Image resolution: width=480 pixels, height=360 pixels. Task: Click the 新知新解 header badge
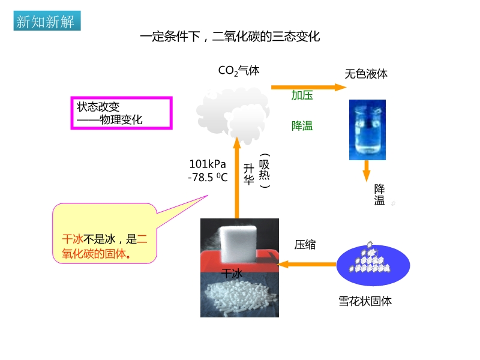[46, 22]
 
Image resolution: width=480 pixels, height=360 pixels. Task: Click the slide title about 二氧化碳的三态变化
[230, 37]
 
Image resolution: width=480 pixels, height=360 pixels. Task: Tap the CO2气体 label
[239, 71]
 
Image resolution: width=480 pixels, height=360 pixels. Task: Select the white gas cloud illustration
[233, 111]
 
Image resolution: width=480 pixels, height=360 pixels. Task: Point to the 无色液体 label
[366, 74]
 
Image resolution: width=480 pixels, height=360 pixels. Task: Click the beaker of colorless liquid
[367, 130]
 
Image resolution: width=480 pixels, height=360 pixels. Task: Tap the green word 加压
[302, 95]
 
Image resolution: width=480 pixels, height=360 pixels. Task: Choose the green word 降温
[302, 126]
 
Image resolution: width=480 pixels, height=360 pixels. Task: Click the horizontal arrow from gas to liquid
[308, 87]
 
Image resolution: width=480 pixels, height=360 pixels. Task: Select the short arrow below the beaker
[366, 171]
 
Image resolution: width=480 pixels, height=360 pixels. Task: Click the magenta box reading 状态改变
[122, 113]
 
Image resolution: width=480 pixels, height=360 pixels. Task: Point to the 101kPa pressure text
[208, 164]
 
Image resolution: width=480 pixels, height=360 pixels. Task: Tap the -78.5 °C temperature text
[208, 178]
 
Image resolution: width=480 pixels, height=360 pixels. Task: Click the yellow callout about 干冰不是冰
[105, 234]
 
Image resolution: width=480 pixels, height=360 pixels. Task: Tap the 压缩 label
[305, 245]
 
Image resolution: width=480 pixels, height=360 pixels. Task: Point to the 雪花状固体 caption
[365, 301]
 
